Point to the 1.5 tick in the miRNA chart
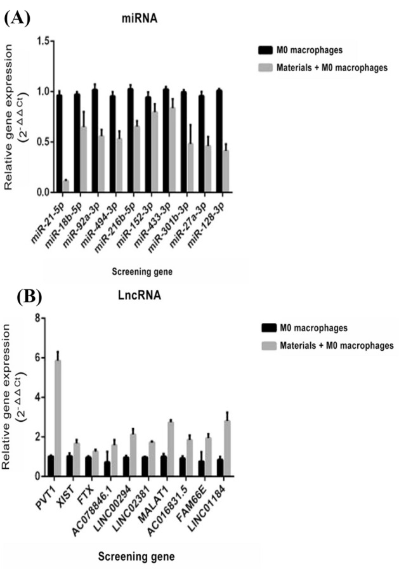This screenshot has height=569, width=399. [x=43, y=41]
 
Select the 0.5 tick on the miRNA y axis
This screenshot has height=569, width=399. [x=43, y=141]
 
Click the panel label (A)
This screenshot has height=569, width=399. [x=16, y=17]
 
